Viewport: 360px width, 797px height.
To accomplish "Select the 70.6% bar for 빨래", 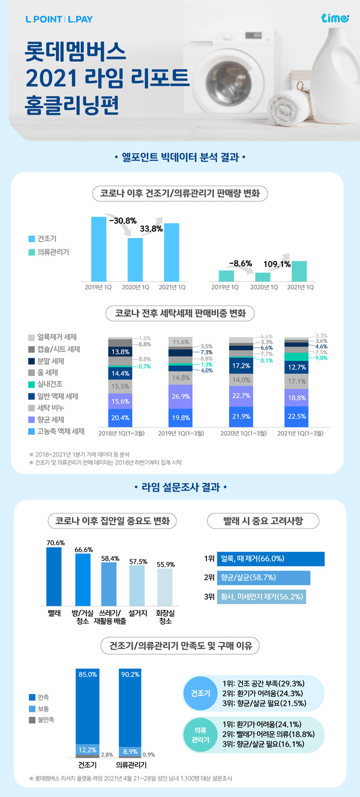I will coord(54,576).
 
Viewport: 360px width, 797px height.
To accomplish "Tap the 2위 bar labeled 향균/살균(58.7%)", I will coord(263,578).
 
